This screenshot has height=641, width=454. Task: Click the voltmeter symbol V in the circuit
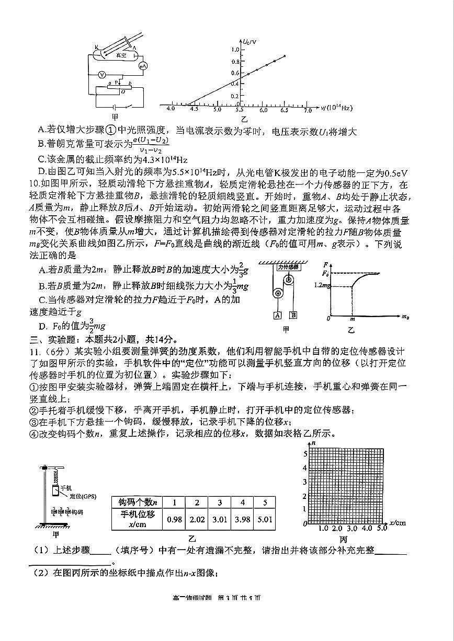point(103,75)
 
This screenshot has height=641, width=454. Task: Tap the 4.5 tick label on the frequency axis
point(194,110)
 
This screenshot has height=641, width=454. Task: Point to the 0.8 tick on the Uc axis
point(235,61)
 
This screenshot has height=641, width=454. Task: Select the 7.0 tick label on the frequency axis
point(308,110)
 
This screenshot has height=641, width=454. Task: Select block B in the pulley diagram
point(293,314)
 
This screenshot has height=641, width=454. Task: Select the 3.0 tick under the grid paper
point(351,528)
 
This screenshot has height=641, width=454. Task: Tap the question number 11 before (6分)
point(32,351)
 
